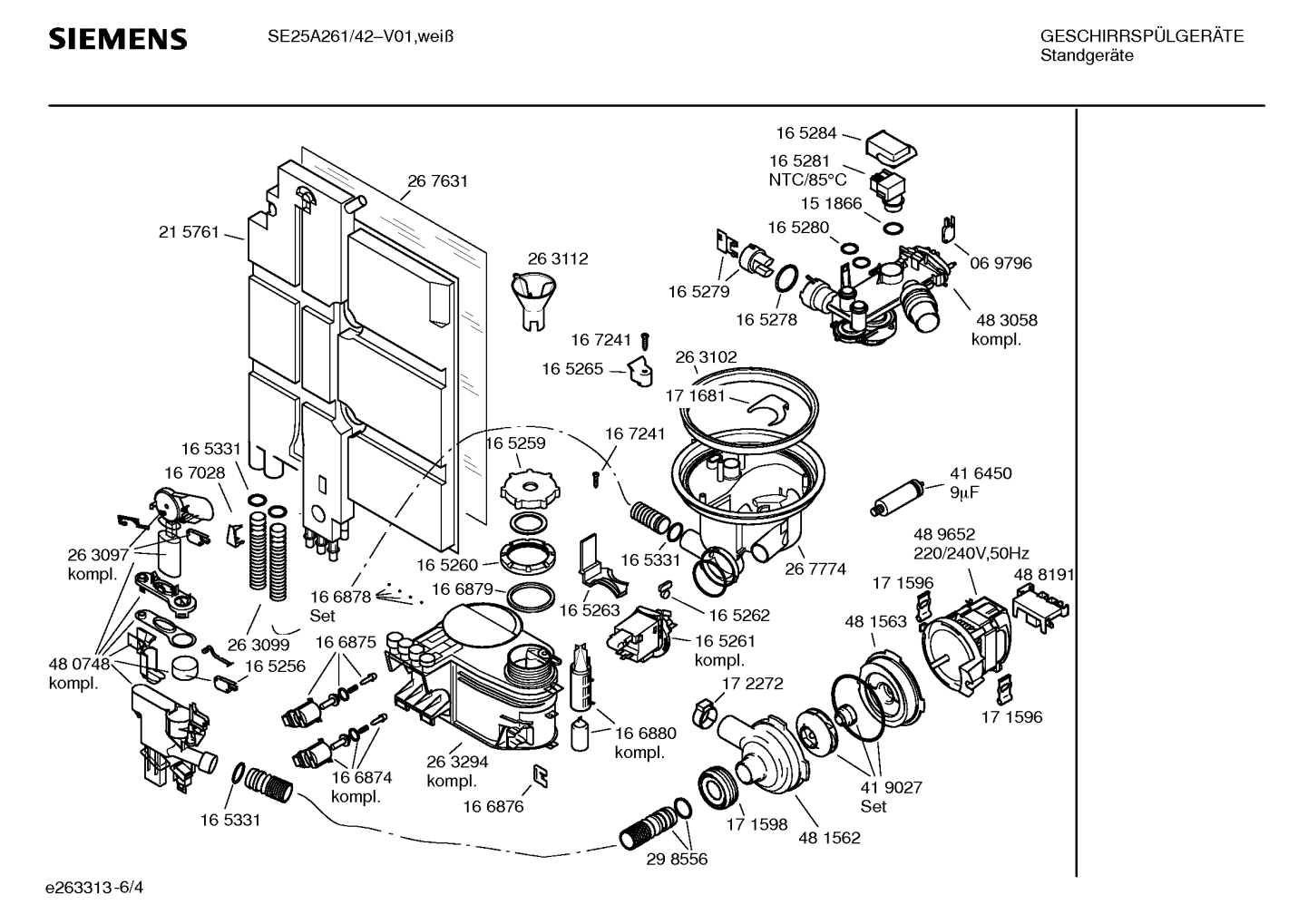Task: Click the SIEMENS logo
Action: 117,39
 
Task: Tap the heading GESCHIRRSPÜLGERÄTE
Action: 1141,36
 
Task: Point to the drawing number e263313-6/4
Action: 94,888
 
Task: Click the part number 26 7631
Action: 437,180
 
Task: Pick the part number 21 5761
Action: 189,232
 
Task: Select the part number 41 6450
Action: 981,473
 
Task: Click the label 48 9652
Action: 943,534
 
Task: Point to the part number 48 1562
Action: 829,838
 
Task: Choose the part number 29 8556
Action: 677,860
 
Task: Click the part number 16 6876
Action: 493,806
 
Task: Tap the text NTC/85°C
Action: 807,180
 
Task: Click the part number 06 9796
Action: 1001,264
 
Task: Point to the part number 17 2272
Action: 752,683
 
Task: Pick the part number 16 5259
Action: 515,443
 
